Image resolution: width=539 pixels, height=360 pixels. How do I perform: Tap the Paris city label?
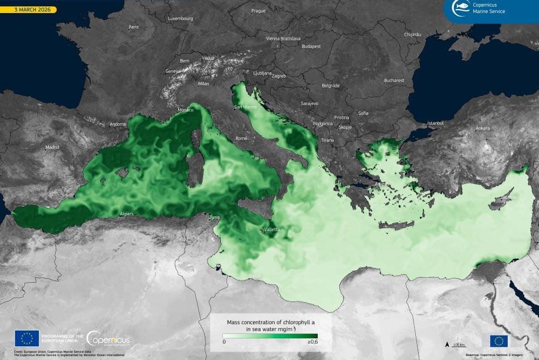(133, 27)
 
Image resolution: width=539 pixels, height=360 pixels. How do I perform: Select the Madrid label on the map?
(52, 147)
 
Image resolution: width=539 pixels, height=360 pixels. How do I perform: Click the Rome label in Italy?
(241, 138)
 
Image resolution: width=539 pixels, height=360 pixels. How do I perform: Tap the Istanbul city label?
(435, 123)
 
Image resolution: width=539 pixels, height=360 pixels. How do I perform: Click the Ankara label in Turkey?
(482, 128)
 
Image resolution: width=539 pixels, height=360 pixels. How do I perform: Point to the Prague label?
(258, 11)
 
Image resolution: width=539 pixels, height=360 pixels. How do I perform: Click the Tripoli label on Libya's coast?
(255, 277)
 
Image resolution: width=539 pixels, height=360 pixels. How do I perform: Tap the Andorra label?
(117, 124)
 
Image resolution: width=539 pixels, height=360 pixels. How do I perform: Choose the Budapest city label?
(311, 46)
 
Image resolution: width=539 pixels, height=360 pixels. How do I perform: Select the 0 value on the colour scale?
(224, 342)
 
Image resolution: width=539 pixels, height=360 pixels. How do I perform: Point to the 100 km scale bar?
(458, 345)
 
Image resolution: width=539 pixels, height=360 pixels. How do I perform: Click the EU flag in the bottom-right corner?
(499, 341)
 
